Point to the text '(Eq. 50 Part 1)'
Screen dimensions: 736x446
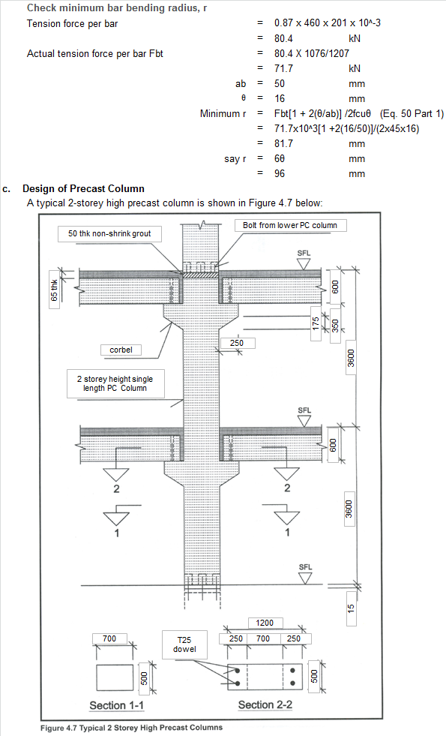click(x=412, y=113)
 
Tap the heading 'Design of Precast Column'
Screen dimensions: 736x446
click(x=83, y=188)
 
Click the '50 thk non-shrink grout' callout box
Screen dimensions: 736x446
click(x=109, y=234)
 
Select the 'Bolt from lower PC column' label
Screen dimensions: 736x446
click(x=290, y=225)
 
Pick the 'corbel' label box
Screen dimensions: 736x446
click(x=121, y=350)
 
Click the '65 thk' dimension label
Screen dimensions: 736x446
click(x=54, y=286)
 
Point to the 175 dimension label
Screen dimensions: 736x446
click(x=316, y=323)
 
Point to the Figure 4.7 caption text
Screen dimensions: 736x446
click(x=131, y=727)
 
